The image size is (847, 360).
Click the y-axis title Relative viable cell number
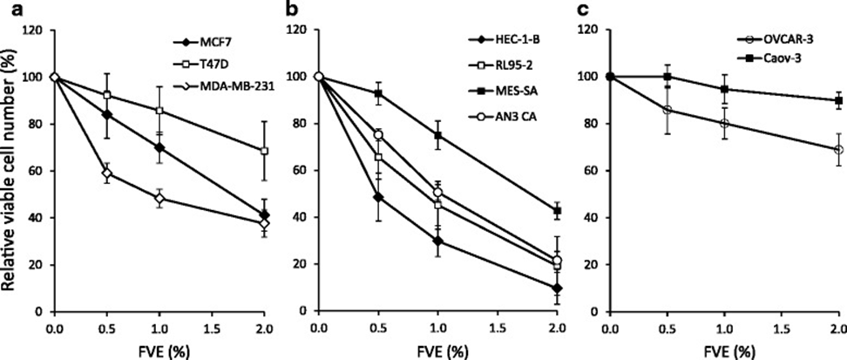tap(11, 171)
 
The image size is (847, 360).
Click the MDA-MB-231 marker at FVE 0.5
tap(107, 173)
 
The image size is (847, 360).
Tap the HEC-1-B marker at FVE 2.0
tap(557, 289)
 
